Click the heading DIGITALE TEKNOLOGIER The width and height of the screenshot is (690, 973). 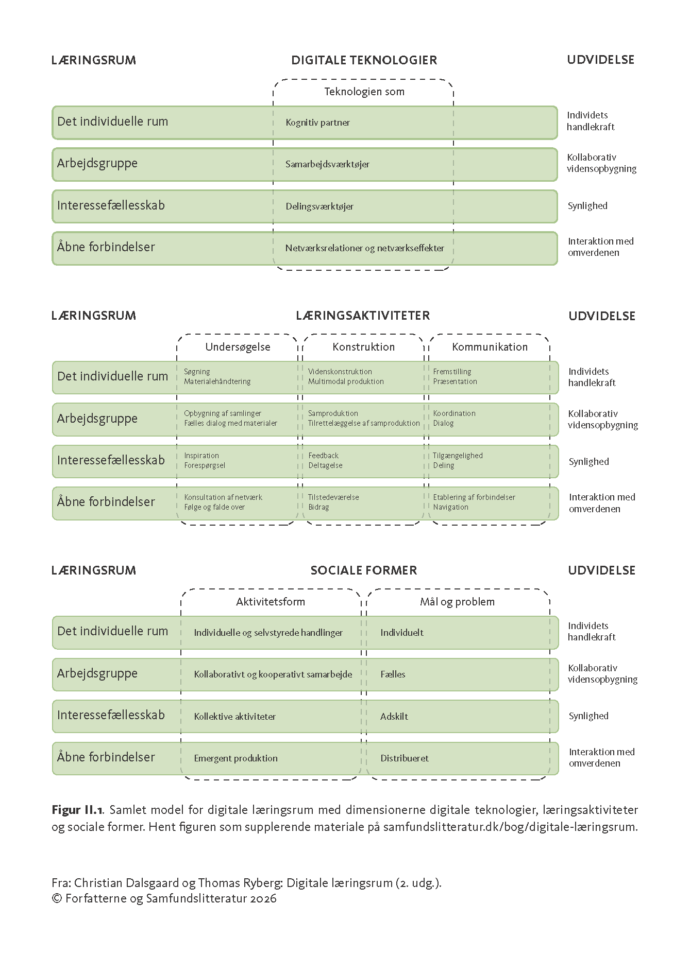(x=364, y=60)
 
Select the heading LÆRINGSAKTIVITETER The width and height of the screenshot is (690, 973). (x=363, y=316)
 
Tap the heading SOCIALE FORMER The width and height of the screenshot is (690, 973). (x=364, y=570)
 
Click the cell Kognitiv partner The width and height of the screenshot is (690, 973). (x=317, y=123)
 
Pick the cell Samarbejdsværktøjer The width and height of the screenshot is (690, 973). (x=327, y=164)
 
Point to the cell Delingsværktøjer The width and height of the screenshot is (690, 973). (x=319, y=206)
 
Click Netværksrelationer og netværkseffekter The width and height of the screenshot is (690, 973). (x=364, y=248)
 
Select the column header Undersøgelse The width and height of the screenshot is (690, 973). (x=238, y=347)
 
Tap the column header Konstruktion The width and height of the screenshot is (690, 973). (x=364, y=347)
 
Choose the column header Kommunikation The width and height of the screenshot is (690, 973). (x=490, y=347)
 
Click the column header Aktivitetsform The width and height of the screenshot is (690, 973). (x=271, y=602)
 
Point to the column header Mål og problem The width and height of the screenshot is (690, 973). (x=457, y=602)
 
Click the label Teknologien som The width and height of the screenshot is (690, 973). (x=364, y=92)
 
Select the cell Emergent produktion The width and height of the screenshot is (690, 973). (x=235, y=758)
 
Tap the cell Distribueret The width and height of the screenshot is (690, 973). (x=405, y=758)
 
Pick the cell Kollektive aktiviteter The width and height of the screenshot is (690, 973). (x=234, y=717)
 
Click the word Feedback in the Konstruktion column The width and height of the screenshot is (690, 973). (x=323, y=456)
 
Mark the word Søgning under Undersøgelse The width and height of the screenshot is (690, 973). (x=197, y=372)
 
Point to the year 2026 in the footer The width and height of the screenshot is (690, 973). (x=263, y=898)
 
